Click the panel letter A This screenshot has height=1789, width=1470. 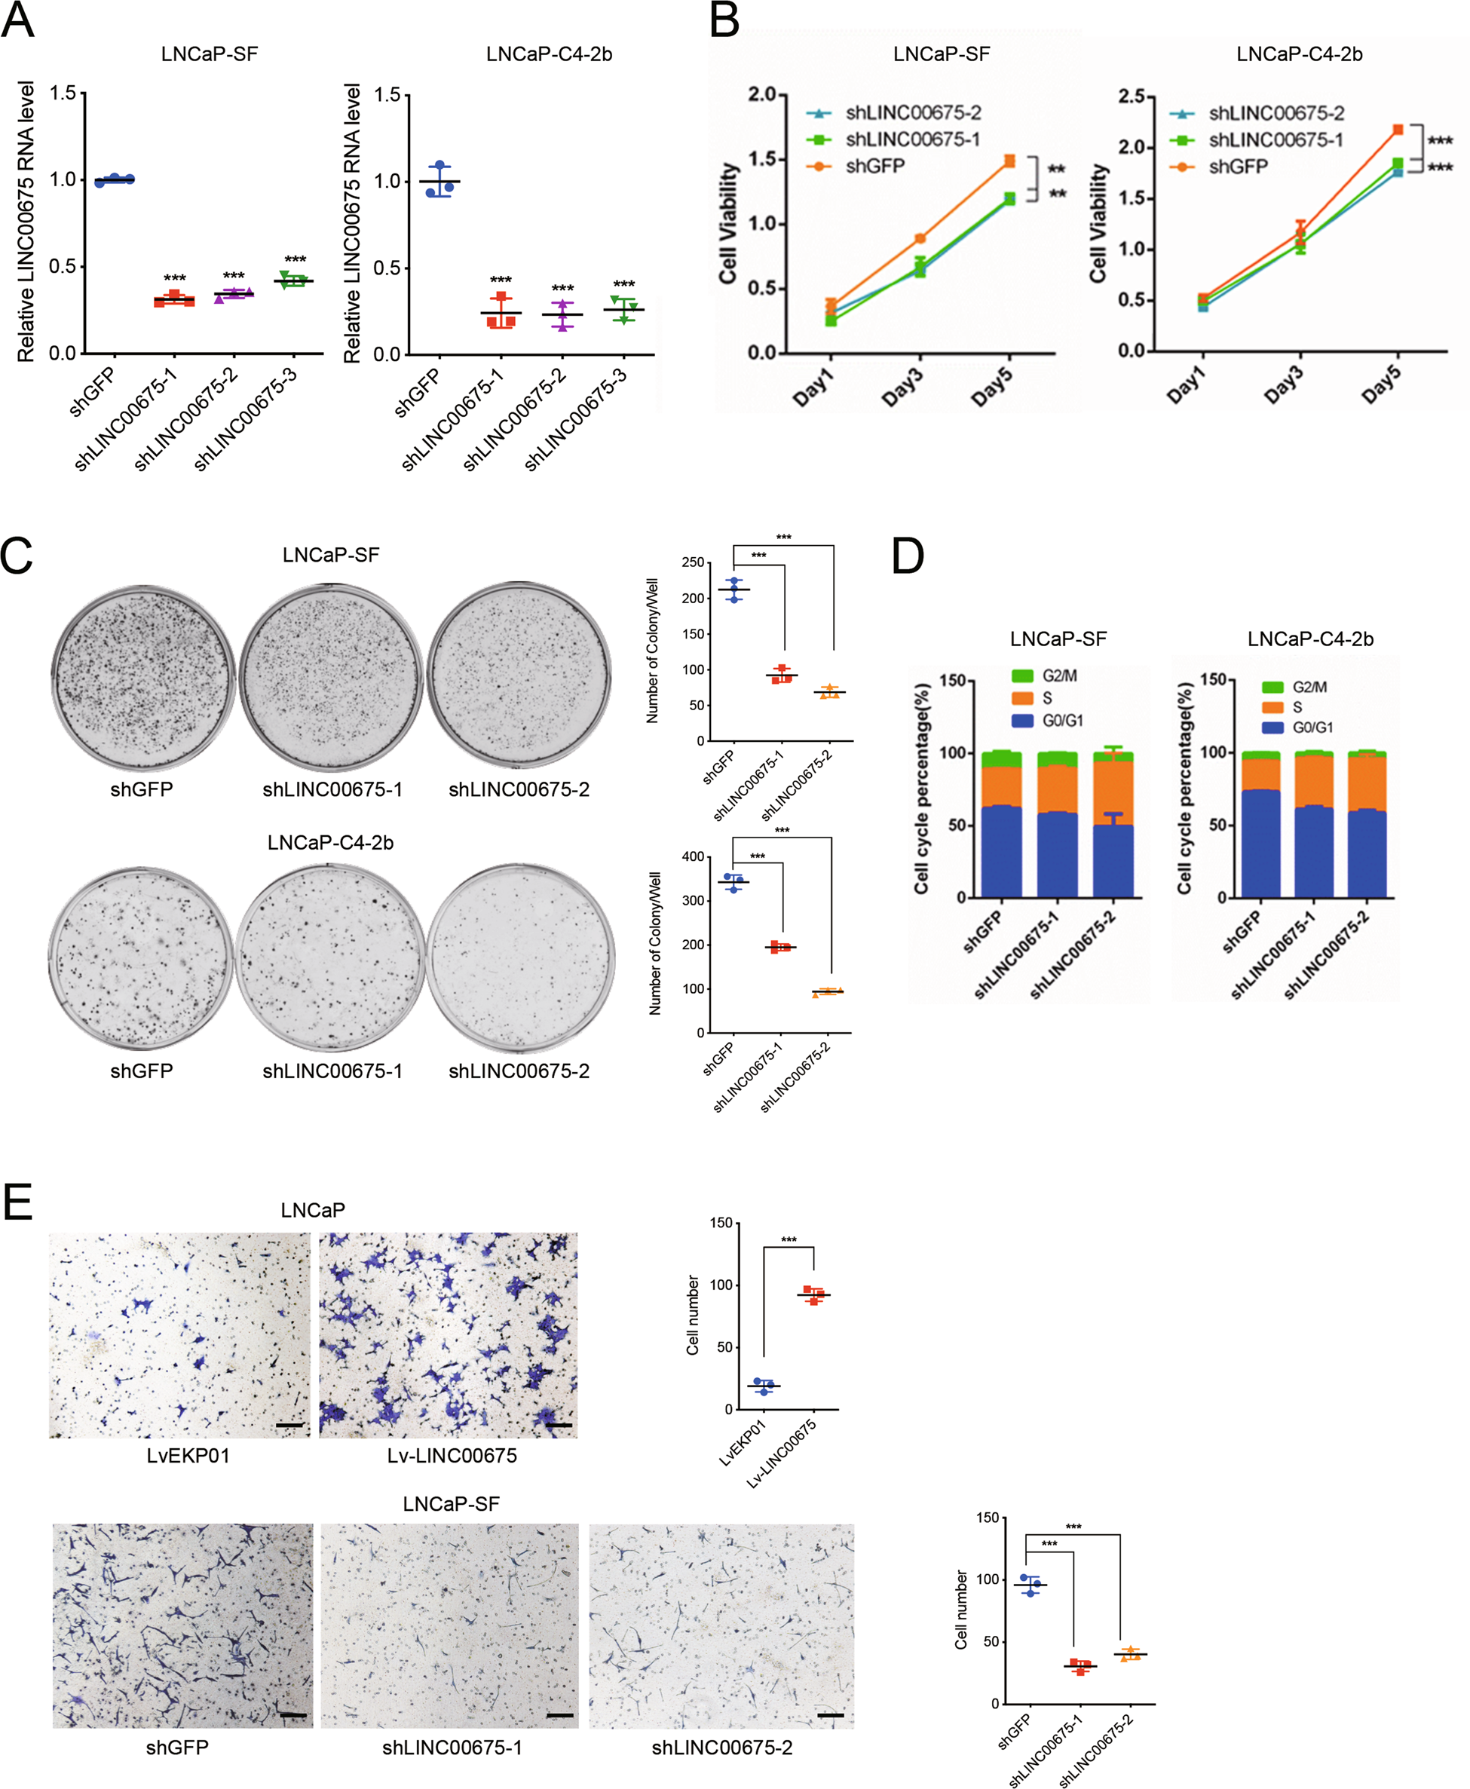pos(18,20)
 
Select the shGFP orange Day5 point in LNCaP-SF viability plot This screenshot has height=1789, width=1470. pos(1009,161)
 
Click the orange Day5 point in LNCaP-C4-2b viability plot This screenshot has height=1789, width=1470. pos(1398,130)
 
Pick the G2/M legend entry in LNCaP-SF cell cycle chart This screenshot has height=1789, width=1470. pos(1045,675)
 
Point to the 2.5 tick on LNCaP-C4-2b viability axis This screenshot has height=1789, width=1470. pos(1132,96)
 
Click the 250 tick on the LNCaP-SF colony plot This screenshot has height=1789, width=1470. pos(693,562)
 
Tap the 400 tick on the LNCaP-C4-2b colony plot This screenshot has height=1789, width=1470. pos(693,857)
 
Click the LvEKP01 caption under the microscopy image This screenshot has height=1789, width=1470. pos(188,1456)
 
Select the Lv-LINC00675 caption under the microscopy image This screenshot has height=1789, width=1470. pos(452,1456)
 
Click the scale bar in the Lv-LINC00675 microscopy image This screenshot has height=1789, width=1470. pos(559,1425)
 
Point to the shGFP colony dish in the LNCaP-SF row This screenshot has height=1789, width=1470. pos(142,676)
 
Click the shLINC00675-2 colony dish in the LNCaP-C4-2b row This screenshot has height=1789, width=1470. pos(520,957)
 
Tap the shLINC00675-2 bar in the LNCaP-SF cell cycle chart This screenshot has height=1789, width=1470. pos(1113,826)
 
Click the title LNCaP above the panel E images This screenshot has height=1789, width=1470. pos(312,1210)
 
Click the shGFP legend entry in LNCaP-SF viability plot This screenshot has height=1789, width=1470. pos(874,166)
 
